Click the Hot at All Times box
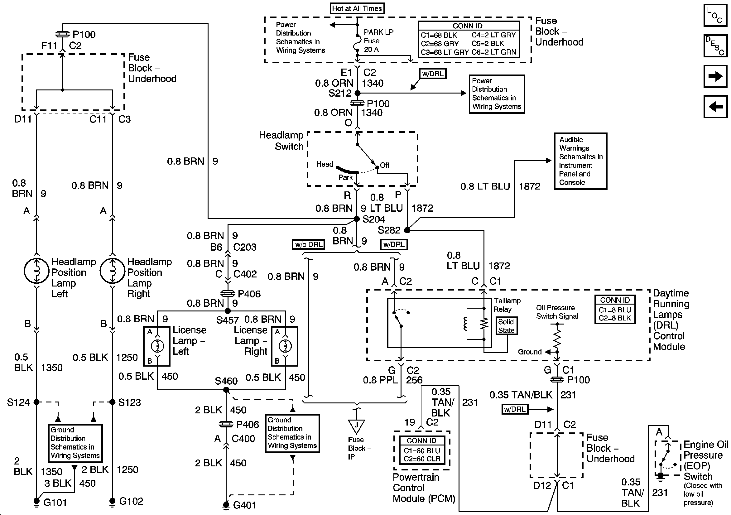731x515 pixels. (x=357, y=8)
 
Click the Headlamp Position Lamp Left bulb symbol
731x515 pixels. (x=36, y=271)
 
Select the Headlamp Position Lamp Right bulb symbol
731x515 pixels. (x=113, y=271)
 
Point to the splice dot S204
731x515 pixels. (x=357, y=219)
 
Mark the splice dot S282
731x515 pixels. (x=407, y=230)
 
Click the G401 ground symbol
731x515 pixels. (x=226, y=505)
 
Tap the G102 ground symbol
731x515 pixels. (x=112, y=501)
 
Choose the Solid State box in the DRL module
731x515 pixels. (x=506, y=326)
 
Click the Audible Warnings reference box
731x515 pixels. (x=580, y=161)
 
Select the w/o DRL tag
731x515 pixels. (x=309, y=245)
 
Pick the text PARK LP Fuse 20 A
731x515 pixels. (x=378, y=41)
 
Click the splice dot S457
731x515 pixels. (x=228, y=311)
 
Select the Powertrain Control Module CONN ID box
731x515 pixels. (x=422, y=450)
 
